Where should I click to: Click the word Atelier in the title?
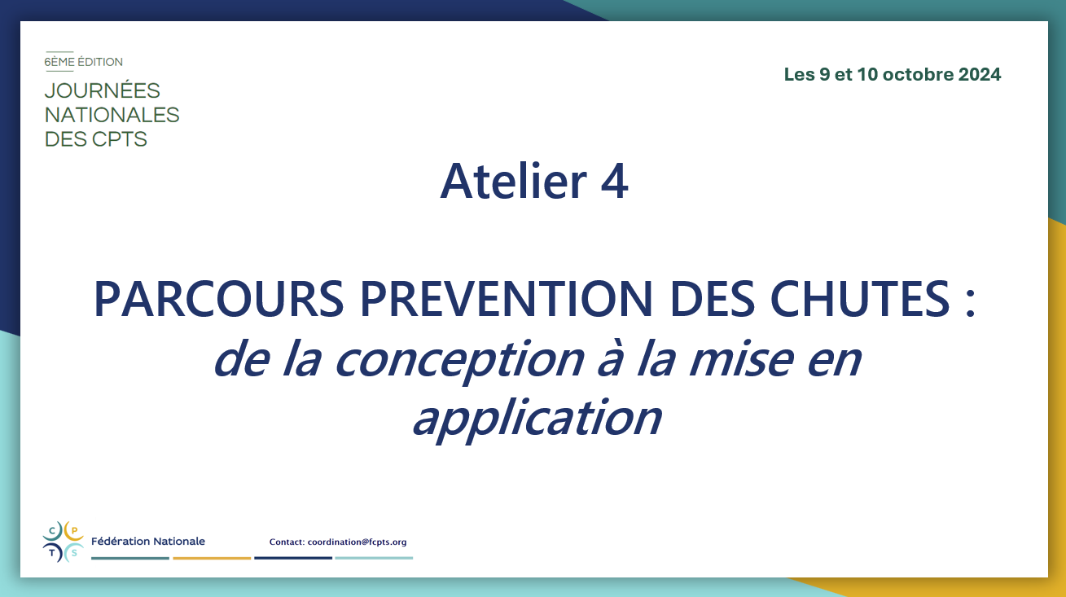[x=514, y=182]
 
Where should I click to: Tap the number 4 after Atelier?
[x=614, y=182]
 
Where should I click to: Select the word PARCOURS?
[x=218, y=299]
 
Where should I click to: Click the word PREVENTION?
[x=507, y=299]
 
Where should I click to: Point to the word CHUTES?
[x=860, y=299]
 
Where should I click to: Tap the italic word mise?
[x=741, y=358]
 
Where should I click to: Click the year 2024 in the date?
[x=980, y=75]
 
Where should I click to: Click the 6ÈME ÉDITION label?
[x=83, y=62]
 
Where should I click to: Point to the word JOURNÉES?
[x=103, y=90]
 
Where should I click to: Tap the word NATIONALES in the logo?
[x=112, y=115]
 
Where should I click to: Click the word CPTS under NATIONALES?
[x=120, y=139]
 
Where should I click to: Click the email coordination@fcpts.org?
[x=357, y=542]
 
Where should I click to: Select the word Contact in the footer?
[x=287, y=542]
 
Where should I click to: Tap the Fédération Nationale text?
[x=148, y=542]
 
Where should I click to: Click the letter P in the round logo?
[x=74, y=530]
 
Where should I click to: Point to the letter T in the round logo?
[x=52, y=553]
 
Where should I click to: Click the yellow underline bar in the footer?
[x=212, y=558]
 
